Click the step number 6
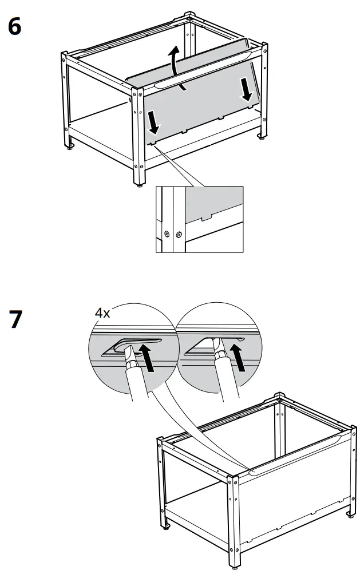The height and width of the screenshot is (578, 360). point(14,26)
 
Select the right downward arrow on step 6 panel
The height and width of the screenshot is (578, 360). point(246,90)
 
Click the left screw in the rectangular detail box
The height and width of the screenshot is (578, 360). point(166,233)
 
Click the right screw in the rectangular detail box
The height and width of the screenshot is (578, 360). point(179,233)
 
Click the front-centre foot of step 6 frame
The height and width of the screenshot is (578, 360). point(139,185)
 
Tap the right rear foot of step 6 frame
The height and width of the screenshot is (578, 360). point(262,136)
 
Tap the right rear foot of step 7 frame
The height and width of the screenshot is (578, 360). point(349,514)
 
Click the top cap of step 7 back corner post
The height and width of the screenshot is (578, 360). point(279,395)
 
